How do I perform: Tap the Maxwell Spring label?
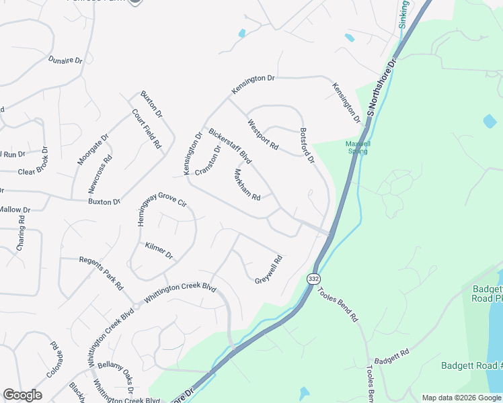[357, 147]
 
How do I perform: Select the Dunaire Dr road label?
[65, 60]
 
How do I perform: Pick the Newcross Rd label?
[100, 173]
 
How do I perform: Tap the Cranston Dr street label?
[208, 161]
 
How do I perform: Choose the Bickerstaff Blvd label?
[229, 146]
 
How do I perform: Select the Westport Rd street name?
[263, 134]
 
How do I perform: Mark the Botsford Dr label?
[307, 146]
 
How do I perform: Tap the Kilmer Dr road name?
[159, 251]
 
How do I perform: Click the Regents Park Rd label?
[101, 273]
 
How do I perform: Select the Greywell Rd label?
[268, 269]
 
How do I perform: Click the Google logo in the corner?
[22, 394]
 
